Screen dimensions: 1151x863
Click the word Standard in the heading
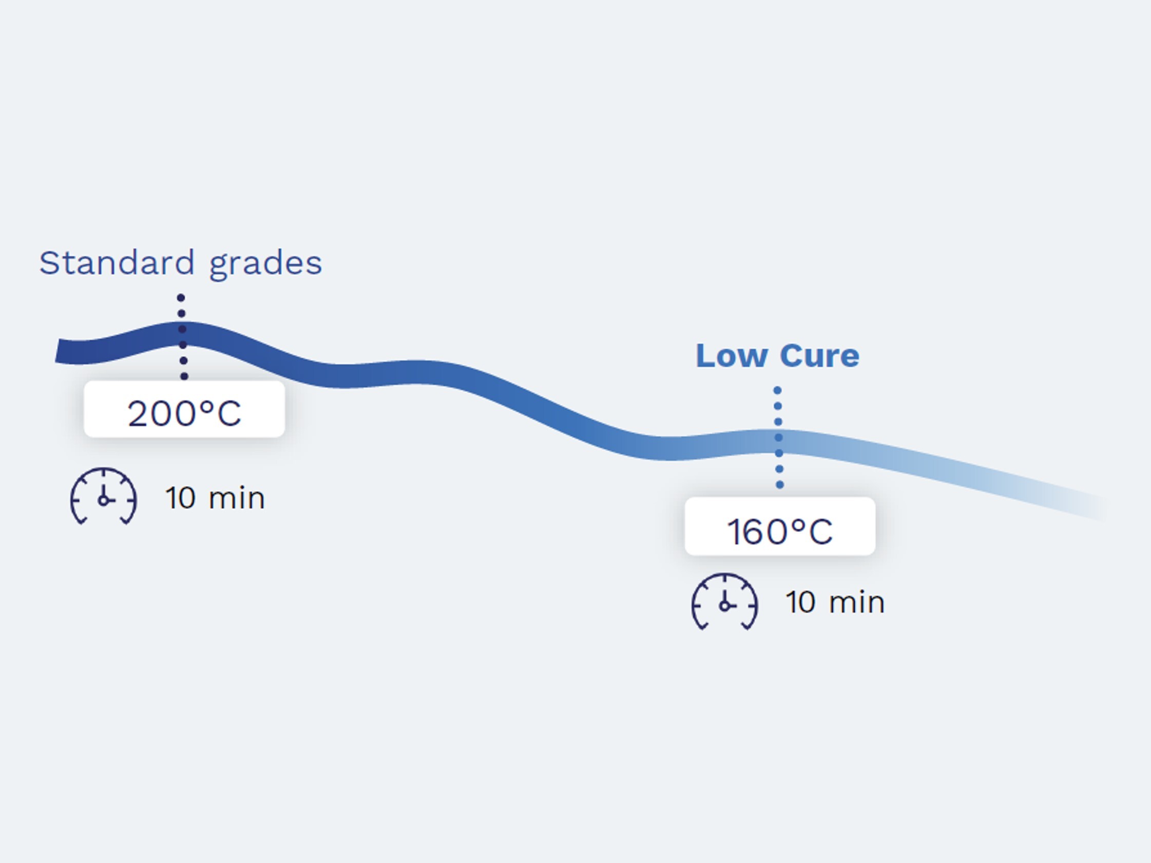[117, 263]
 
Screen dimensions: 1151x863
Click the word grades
[265, 265]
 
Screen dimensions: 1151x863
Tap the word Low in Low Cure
[732, 356]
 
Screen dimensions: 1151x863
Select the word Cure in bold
[819, 356]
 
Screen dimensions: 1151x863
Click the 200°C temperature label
[184, 414]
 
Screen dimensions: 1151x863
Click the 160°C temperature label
[779, 532]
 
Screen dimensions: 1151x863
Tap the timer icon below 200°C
[104, 496]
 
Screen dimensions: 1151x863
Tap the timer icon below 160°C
[724, 601]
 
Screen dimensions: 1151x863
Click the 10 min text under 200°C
[215, 498]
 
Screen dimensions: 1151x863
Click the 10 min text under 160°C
[835, 602]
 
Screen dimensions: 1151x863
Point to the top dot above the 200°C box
[181, 298]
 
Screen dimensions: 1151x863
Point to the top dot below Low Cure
[777, 390]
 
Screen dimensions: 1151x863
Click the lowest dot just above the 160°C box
[779, 485]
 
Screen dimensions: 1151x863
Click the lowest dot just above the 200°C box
[184, 376]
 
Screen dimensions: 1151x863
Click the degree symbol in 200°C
[207, 406]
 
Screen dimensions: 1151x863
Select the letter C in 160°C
[821, 532]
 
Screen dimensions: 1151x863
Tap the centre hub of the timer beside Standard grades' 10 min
[104, 501]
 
